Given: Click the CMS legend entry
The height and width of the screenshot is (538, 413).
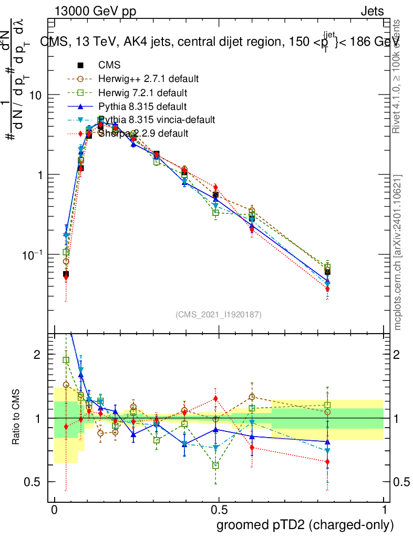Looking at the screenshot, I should click(x=109, y=66).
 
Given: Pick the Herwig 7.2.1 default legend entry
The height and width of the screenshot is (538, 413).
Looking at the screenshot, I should click(x=142, y=93).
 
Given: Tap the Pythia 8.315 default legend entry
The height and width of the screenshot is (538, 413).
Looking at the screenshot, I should click(x=142, y=107).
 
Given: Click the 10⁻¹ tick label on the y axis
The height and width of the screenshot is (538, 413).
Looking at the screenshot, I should click(x=33, y=255).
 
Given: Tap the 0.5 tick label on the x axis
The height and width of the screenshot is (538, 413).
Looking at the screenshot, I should click(x=219, y=511).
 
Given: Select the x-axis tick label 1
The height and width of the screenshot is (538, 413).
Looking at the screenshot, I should click(x=384, y=511).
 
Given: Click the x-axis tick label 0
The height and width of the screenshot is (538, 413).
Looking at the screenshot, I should click(x=55, y=511).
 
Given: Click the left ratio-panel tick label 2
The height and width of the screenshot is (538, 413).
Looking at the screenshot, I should click(x=37, y=355).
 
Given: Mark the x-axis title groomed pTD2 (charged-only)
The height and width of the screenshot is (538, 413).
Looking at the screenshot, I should click(x=304, y=525).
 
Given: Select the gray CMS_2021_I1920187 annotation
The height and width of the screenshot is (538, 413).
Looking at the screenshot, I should click(x=219, y=314).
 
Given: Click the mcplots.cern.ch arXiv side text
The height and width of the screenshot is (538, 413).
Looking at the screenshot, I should click(x=398, y=252).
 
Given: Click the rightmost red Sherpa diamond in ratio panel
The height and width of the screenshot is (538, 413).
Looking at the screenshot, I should click(x=327, y=462).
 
